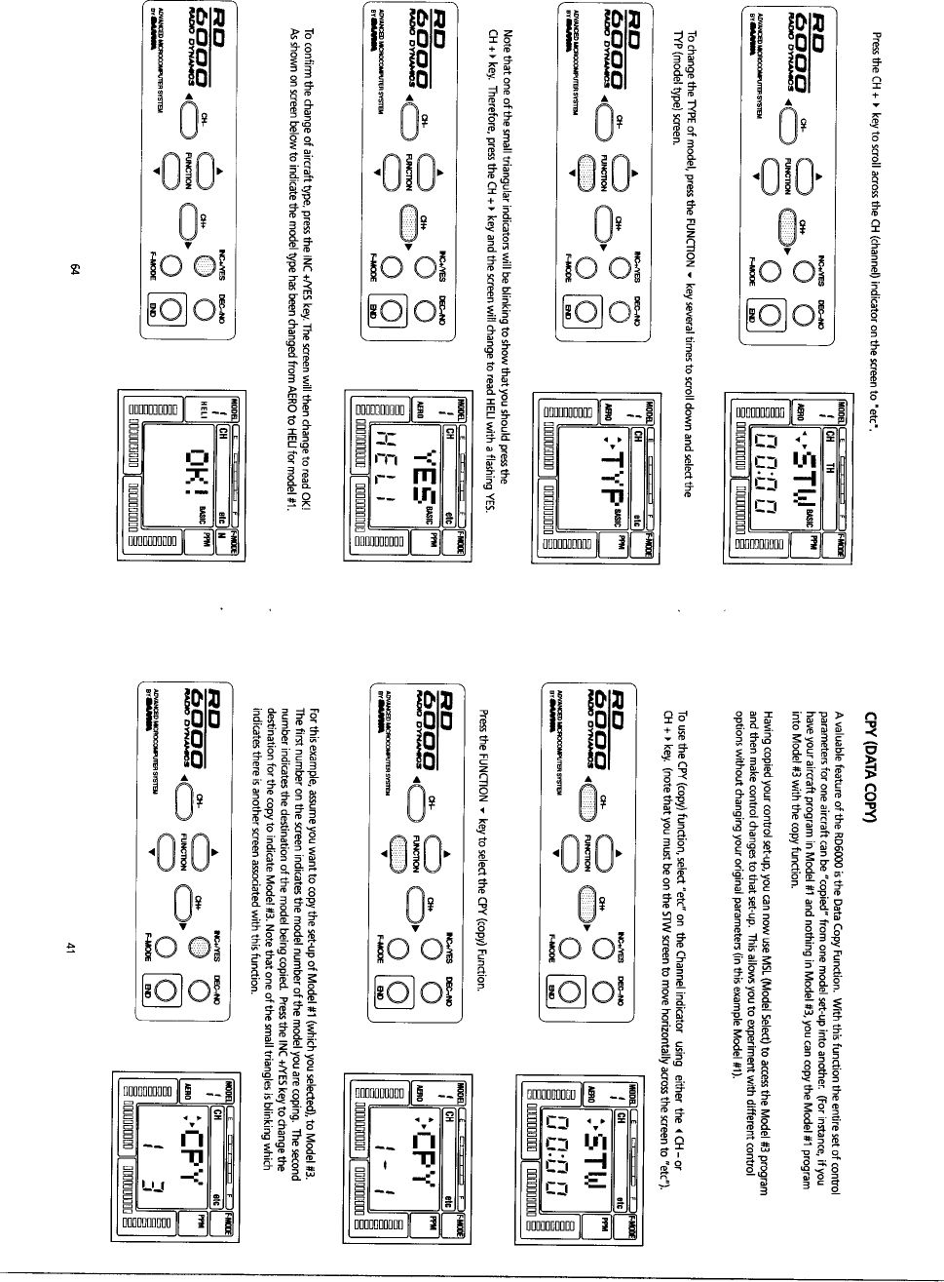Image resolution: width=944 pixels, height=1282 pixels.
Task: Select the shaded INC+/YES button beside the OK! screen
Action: pyautogui.click(x=205, y=264)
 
